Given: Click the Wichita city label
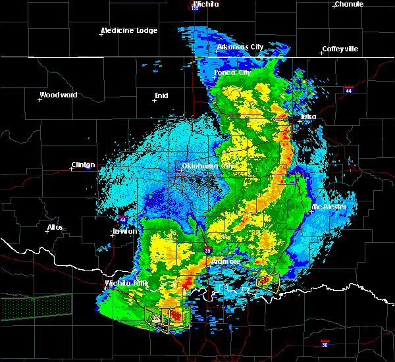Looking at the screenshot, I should (206, 4).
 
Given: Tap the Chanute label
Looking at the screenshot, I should (348, 4).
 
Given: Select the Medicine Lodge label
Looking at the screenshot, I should (128, 30).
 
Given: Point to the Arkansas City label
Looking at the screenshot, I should (240, 47).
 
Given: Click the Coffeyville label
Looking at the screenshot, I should (340, 49).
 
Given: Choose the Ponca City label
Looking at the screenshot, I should (232, 72).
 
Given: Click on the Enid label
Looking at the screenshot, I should (161, 95).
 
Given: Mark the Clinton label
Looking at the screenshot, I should (83, 165).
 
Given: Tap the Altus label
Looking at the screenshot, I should (55, 227).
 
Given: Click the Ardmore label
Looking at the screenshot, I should (225, 261).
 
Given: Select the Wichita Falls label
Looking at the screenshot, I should (126, 284).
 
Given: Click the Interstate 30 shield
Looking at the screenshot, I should (325, 344).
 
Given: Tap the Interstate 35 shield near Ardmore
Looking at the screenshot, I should (207, 250).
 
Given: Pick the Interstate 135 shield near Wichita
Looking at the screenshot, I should (195, 7).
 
